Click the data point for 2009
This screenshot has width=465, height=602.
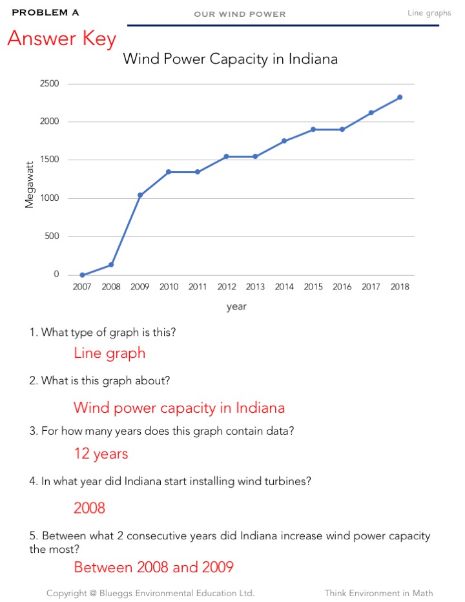pos(140,195)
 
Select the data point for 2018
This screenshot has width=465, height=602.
pos(400,98)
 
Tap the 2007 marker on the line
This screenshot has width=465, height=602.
pos(82,275)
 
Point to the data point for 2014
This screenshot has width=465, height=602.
pos(284,141)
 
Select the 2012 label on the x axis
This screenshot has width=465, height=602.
pos(227,287)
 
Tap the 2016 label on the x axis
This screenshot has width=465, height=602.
pos(342,287)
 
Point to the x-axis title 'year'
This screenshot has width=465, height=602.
pos(236,307)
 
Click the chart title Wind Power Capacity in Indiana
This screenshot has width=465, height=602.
pos(230,59)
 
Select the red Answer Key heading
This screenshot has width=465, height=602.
pos(61,39)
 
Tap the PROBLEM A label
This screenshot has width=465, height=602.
pos(45,12)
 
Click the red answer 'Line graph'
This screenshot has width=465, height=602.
pos(109,353)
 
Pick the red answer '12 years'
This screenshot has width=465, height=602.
pos(101,454)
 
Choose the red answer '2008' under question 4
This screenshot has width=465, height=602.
pos(89,508)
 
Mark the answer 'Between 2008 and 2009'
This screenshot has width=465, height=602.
pos(153,568)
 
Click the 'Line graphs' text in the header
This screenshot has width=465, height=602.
pos(429,13)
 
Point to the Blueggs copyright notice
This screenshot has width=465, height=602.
pos(150,593)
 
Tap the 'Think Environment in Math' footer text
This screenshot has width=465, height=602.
pos(378,593)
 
